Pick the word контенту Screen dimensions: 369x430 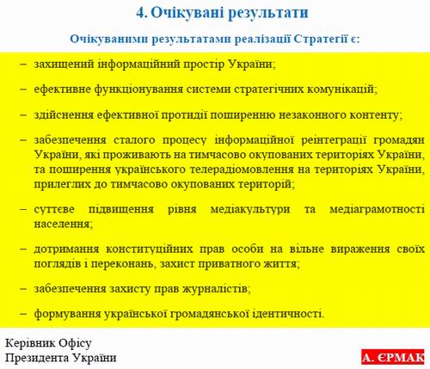pos(372,114)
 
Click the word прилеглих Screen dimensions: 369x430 pos(60,184)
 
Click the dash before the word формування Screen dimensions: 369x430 pos(22,313)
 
